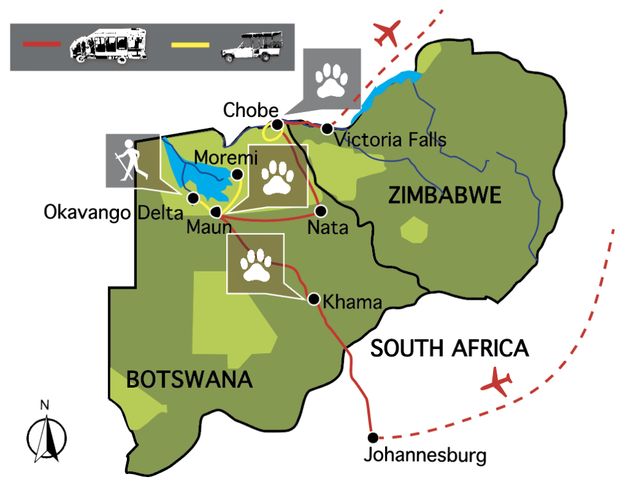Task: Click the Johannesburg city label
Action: point(425,456)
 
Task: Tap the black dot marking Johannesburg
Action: point(372,438)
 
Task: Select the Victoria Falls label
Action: point(391,140)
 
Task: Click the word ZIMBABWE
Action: point(445,196)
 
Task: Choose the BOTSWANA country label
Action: point(190,379)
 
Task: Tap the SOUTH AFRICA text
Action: point(449,348)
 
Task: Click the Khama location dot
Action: point(313,300)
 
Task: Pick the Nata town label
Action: point(328,228)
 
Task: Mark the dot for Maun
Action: point(216,212)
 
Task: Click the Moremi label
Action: point(216,158)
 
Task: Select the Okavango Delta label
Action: point(113,213)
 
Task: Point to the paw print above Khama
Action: point(255,264)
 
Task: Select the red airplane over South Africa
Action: point(497,383)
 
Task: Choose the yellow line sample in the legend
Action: point(190,44)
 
